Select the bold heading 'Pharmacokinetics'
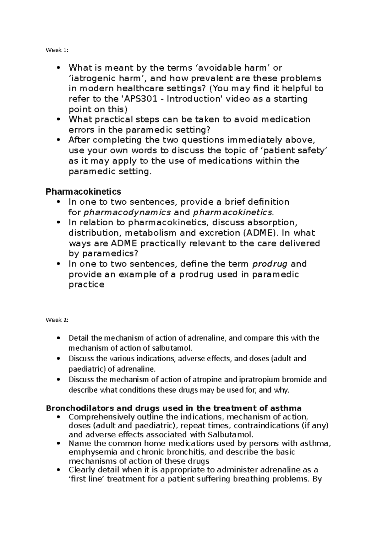tap(83, 191)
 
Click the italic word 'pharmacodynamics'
tap(127, 212)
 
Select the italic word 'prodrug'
tap(270, 264)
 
